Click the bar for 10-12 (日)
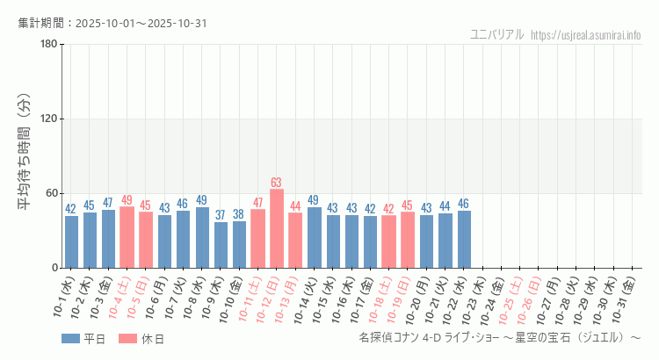(x=277, y=228)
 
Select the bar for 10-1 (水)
(x=71, y=241)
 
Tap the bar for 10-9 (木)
(x=221, y=245)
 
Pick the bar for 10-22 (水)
(x=464, y=239)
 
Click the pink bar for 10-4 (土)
(x=127, y=237)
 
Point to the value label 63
(x=276, y=183)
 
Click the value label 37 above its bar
(x=221, y=215)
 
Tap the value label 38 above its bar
(x=239, y=214)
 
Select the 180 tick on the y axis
(x=48, y=45)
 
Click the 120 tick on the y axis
(x=48, y=119)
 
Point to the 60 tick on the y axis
(x=51, y=193)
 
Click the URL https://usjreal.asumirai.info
(x=587, y=35)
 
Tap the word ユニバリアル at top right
(x=497, y=35)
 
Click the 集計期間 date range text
(x=112, y=23)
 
